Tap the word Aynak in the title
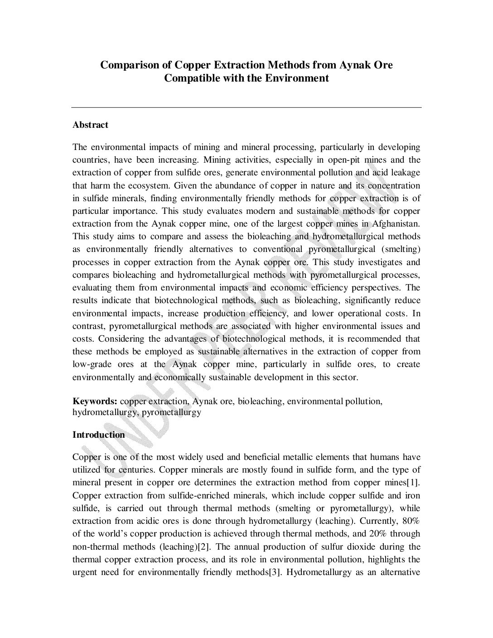click(x=354, y=65)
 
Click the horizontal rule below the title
click(x=246, y=107)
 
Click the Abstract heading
click(x=90, y=125)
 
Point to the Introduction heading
click(x=98, y=435)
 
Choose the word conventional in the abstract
click(x=277, y=249)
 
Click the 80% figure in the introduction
click(x=411, y=521)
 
